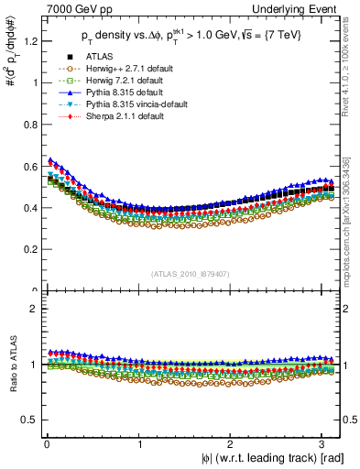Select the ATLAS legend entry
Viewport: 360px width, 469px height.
tap(98, 57)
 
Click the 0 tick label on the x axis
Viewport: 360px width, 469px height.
tap(46, 444)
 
